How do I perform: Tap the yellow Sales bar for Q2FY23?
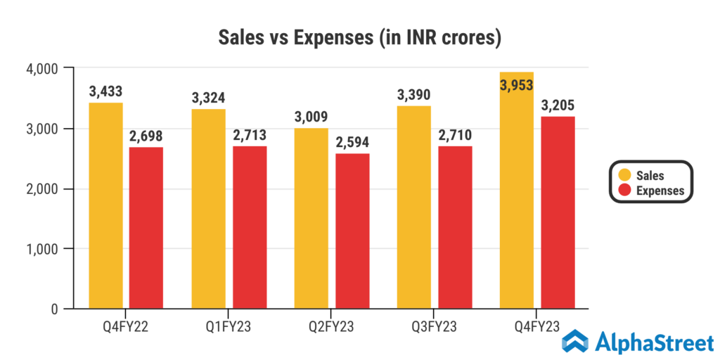pyautogui.click(x=311, y=218)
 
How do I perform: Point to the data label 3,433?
pyautogui.click(x=105, y=91)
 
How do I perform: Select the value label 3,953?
pyautogui.click(x=517, y=85)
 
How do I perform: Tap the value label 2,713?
pyautogui.click(x=249, y=135)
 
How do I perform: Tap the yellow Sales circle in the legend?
pyautogui.click(x=622, y=176)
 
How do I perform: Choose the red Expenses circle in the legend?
pyautogui.click(x=622, y=191)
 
